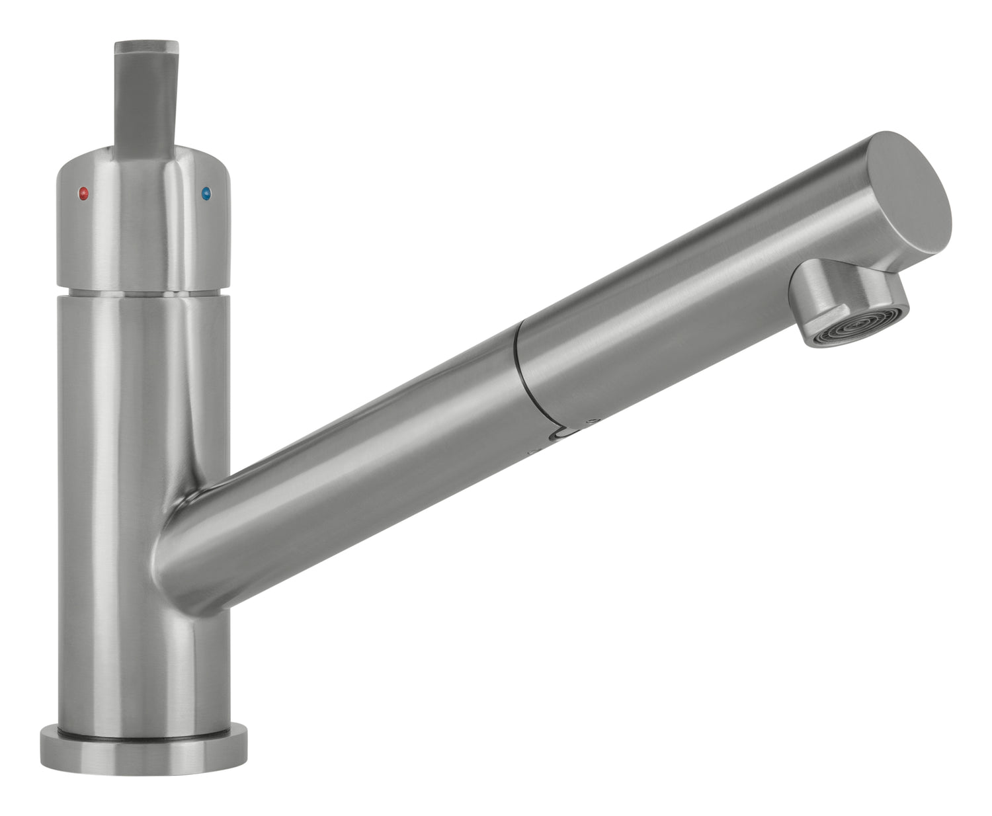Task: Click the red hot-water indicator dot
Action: [x=83, y=194]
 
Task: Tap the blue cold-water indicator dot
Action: [x=206, y=194]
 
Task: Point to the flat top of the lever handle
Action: [x=147, y=47]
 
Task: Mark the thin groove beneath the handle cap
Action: [x=144, y=292]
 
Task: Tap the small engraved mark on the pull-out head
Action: [x=592, y=420]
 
